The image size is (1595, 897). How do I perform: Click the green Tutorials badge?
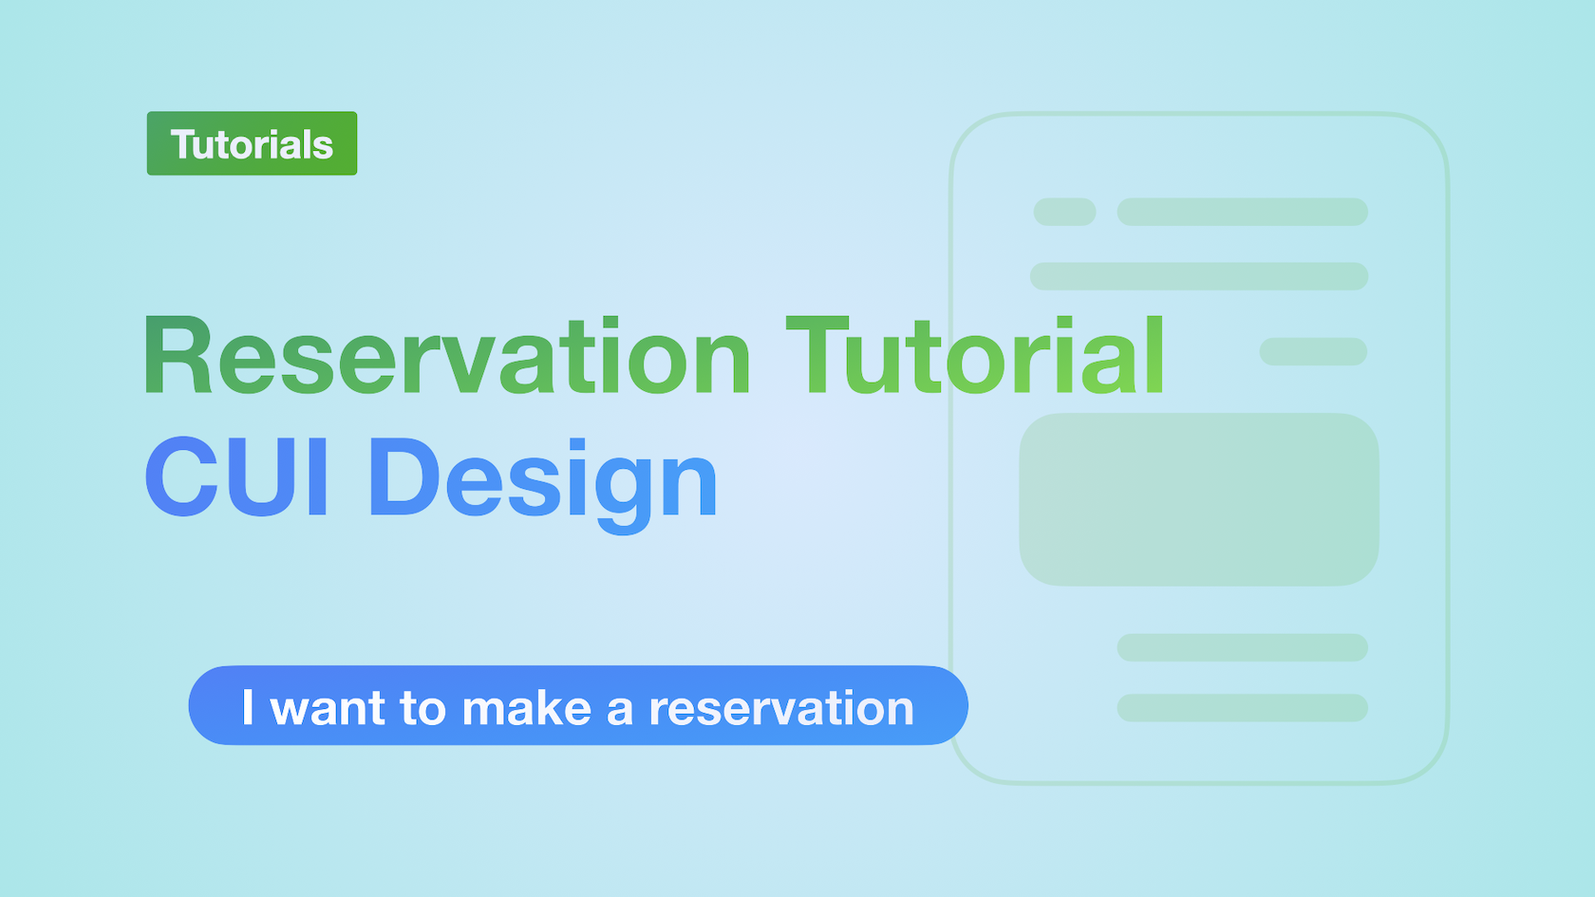[253, 143]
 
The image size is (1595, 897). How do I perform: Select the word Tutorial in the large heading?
[975, 355]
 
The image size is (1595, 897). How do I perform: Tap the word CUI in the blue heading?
[237, 477]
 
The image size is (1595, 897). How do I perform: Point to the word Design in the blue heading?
[543, 484]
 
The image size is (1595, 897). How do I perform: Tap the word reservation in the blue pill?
[782, 707]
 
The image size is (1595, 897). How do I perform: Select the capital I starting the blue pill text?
[248, 707]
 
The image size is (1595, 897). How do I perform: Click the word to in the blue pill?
[423, 708]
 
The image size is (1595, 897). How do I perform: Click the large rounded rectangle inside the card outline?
[1199, 499]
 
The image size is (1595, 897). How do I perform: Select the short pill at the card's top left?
[1064, 212]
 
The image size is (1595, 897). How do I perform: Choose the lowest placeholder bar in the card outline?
[1243, 708]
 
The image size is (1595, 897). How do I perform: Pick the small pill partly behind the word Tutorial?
[1313, 351]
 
